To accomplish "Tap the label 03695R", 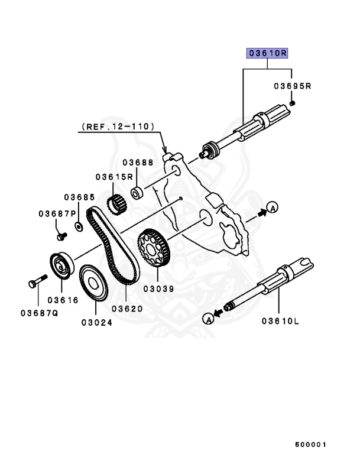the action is [292, 86].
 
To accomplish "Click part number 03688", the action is [138, 162].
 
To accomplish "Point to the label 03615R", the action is [113, 177].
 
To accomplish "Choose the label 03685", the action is [80, 197].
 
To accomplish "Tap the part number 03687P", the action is [58, 213].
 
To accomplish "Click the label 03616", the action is [63, 300].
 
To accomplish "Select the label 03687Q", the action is [38, 313].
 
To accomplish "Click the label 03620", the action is [127, 309].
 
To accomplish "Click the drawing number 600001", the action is [311, 444].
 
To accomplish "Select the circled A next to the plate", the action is [271, 207].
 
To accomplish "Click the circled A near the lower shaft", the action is [207, 319].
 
